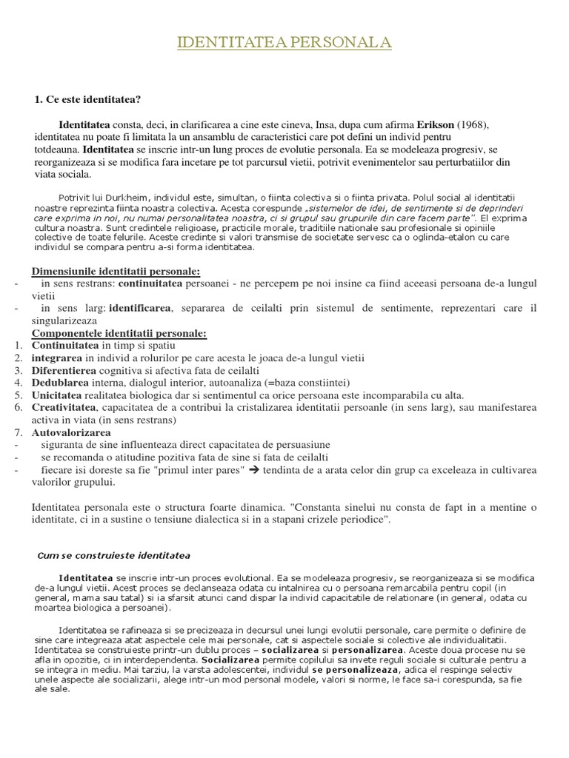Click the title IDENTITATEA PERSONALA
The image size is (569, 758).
(x=284, y=44)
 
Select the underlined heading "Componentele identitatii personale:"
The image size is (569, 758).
(x=119, y=334)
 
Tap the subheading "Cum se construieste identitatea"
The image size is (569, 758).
(x=114, y=555)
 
